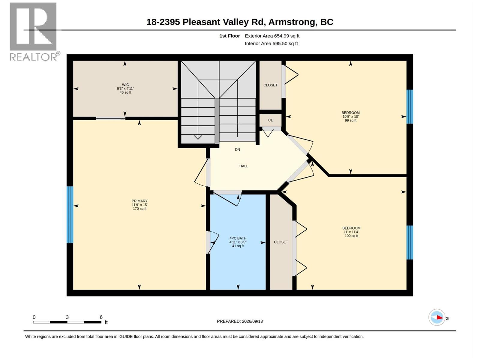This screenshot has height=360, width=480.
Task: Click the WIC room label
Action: click(x=125, y=85)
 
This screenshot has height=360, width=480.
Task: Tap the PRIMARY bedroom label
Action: click(x=139, y=201)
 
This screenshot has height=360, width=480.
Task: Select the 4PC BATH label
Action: click(x=238, y=238)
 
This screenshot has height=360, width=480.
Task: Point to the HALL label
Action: click(x=244, y=166)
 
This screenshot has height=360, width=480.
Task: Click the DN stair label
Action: click(x=237, y=149)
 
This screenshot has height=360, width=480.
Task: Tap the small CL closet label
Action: click(x=270, y=120)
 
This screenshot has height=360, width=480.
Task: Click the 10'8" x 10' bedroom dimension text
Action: click(x=350, y=116)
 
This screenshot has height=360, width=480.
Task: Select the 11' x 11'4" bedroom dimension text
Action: click(x=351, y=232)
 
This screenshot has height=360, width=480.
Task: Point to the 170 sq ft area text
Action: click(x=139, y=209)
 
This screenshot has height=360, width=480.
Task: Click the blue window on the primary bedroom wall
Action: click(x=70, y=214)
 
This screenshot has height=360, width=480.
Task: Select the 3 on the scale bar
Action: click(x=67, y=317)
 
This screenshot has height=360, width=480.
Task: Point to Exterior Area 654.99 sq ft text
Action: click(x=272, y=36)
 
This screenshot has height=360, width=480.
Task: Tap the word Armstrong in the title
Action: click(x=293, y=22)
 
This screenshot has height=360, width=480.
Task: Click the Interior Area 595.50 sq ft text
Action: click(x=271, y=43)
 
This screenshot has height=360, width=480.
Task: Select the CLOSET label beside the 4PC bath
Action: click(x=281, y=242)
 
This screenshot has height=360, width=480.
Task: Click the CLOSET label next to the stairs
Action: click(x=270, y=85)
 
